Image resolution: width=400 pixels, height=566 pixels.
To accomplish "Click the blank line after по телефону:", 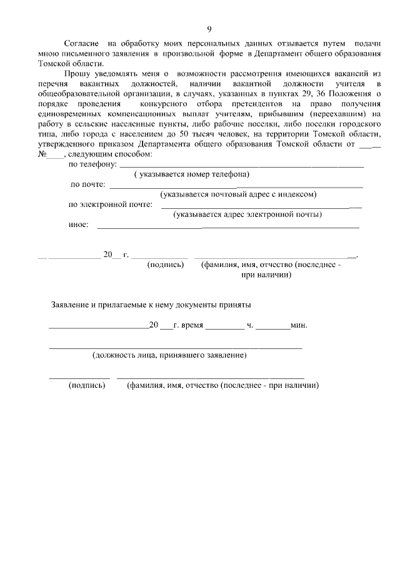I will pyautogui.click(x=241, y=166).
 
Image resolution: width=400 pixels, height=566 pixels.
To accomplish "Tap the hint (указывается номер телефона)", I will pyautogui.click(x=191, y=174).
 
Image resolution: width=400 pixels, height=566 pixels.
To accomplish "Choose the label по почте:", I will pyautogui.click(x=87, y=184).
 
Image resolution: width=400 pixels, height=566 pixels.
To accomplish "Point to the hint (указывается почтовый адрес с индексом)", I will pyautogui.click(x=239, y=195).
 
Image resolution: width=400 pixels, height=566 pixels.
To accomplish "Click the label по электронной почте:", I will pyautogui.click(x=110, y=204).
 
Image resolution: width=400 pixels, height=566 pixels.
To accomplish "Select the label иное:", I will pyautogui.click(x=78, y=225).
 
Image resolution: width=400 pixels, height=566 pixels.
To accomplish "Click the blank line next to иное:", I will pyautogui.click(x=228, y=226).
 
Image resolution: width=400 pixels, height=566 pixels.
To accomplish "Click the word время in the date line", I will pyautogui.click(x=192, y=325).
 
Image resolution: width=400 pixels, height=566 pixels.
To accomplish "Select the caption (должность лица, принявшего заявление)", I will pyautogui.click(x=169, y=356).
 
